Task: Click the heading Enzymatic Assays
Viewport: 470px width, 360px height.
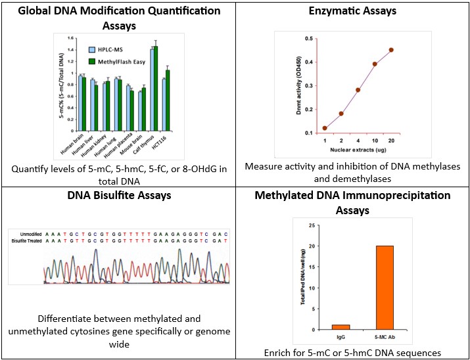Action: pyautogui.click(x=352, y=11)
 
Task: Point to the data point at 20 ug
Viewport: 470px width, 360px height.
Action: pyautogui.click(x=391, y=50)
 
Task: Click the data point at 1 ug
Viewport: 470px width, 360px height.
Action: pyautogui.click(x=325, y=128)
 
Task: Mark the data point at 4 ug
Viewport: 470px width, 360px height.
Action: pyautogui.click(x=358, y=90)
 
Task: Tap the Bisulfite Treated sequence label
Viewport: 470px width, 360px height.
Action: pyautogui.click(x=25, y=241)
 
